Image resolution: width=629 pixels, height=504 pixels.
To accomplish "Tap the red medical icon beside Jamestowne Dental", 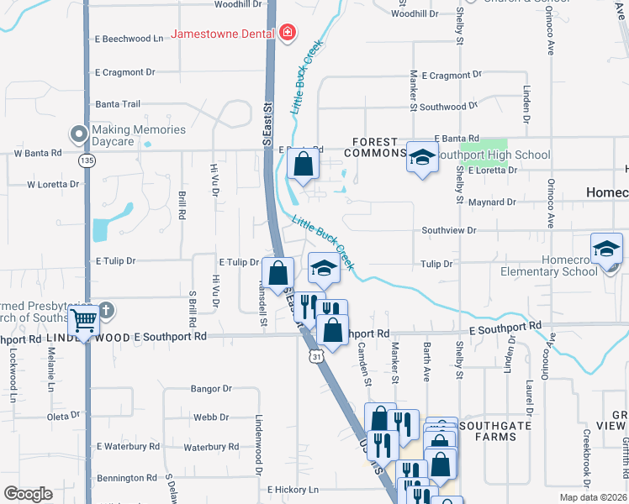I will pos(288,33).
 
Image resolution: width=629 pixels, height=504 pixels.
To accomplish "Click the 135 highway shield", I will pos(87,160).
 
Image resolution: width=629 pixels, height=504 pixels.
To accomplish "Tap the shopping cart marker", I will pos(83,318).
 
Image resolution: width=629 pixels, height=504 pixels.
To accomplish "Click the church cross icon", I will pos(105,309).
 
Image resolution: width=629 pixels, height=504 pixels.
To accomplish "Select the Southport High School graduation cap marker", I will pos(422,156).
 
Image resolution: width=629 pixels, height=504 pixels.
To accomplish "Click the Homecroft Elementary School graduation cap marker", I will pos(606,249).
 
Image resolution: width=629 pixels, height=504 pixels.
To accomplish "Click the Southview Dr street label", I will pos(448,229).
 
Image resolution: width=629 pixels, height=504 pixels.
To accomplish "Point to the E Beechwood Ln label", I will pos(129,39).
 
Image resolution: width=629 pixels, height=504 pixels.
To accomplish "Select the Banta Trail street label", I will pos(118,104).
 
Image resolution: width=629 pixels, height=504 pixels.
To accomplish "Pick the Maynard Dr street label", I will pos(492,202).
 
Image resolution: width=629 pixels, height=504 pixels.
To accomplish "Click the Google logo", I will pos(29,494).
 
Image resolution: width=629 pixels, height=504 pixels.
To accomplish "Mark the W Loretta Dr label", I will pos(52,183).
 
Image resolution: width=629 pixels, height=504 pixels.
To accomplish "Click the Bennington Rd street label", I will pos(127,478).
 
